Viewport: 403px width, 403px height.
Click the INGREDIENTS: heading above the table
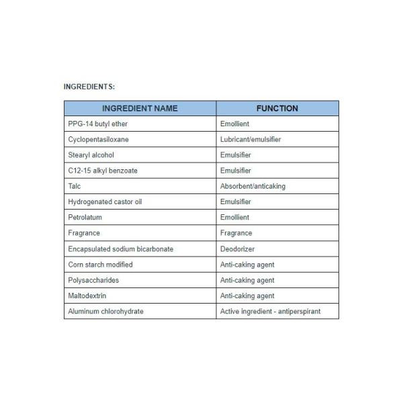tap(89, 87)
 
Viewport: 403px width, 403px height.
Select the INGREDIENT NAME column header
tap(140, 108)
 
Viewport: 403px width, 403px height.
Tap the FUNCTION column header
tap(277, 108)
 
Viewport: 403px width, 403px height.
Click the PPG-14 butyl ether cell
tap(98, 124)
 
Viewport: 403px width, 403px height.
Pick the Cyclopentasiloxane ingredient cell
tap(99, 140)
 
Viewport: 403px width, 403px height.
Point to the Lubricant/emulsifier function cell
tap(251, 140)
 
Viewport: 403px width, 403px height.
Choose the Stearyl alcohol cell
tap(91, 155)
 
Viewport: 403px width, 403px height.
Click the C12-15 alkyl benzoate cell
tap(103, 171)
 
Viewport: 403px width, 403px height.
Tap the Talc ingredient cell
tap(75, 186)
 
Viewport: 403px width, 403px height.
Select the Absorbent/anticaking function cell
tap(253, 186)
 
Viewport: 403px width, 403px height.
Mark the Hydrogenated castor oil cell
tap(105, 201)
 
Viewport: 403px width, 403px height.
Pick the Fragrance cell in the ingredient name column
tap(84, 233)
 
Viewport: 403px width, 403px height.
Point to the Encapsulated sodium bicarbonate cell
tap(121, 249)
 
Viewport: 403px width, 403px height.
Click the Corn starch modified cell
tap(101, 265)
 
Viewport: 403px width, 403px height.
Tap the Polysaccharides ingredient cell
tap(93, 280)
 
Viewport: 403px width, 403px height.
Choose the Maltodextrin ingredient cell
tap(87, 296)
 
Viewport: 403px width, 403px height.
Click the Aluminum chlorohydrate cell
tap(106, 312)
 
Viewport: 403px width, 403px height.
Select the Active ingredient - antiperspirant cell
tap(270, 312)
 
